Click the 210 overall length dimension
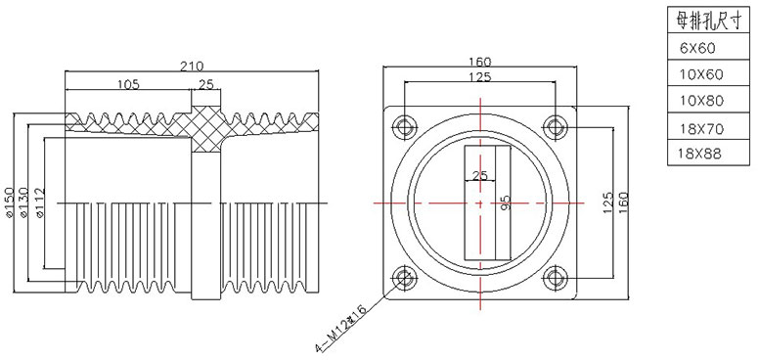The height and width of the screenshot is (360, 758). [192, 66]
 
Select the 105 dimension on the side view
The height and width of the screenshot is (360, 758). [128, 84]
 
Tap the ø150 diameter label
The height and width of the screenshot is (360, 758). [10, 202]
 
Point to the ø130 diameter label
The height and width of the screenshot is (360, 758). [24, 202]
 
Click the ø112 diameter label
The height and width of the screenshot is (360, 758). [40, 202]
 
